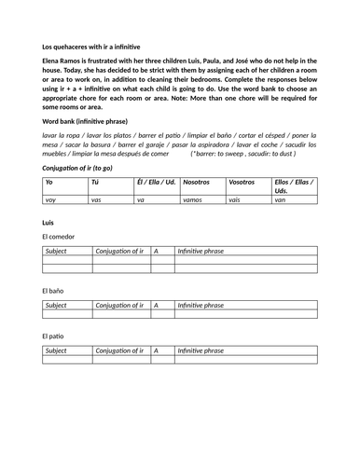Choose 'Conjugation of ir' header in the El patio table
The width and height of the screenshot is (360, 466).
(x=119, y=350)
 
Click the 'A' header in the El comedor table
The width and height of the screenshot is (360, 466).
(x=157, y=252)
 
